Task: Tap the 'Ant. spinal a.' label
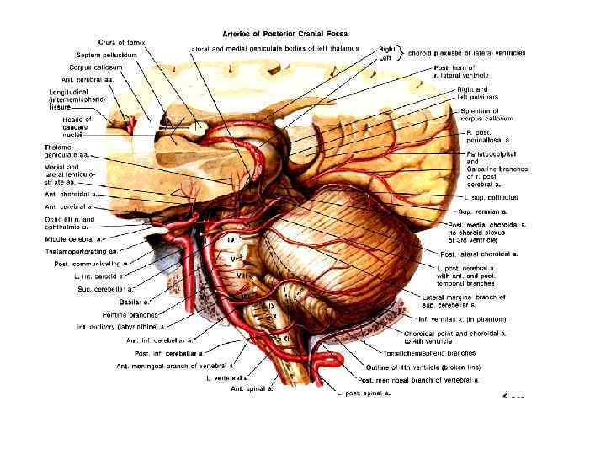pyautogui.click(x=252, y=389)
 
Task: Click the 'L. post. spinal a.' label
pyautogui.click(x=364, y=393)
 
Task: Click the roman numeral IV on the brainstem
pyautogui.click(x=231, y=241)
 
